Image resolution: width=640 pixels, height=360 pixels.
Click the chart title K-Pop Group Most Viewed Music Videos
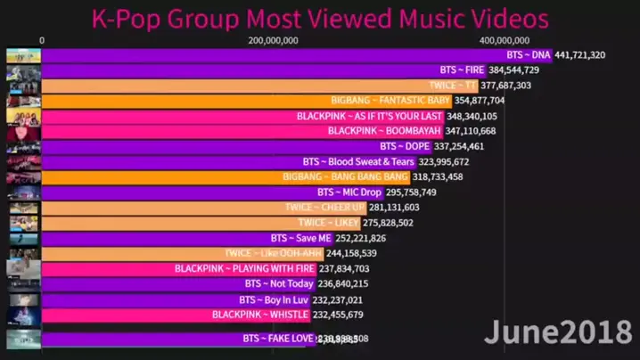[x=320, y=17]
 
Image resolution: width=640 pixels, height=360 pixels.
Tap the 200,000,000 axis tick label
[x=274, y=40]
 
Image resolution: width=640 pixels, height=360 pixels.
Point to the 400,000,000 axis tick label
[x=505, y=40]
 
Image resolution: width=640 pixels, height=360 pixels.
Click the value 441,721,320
[x=580, y=55]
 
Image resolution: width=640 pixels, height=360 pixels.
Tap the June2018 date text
[x=557, y=332]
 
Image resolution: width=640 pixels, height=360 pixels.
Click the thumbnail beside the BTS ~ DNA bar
[x=22, y=55]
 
